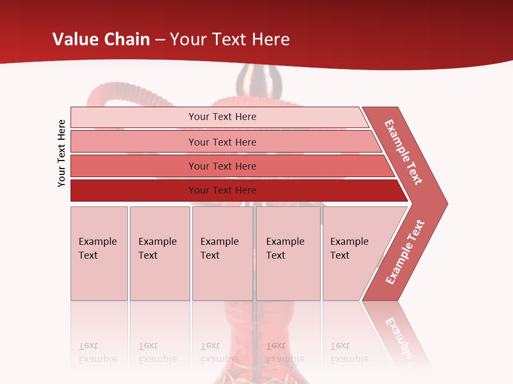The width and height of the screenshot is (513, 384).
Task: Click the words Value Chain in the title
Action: [x=101, y=39]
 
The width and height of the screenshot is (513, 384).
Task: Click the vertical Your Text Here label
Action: [x=61, y=153]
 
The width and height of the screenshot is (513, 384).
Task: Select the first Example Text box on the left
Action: [x=99, y=253]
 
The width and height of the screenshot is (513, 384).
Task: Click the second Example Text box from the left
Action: [x=159, y=253]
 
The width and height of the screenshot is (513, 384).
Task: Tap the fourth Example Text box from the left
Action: [x=288, y=253]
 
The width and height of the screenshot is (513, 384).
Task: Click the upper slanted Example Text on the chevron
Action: [x=403, y=152]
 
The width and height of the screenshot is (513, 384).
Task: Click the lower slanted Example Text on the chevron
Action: [x=405, y=252]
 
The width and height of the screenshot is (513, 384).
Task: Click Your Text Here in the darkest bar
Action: [x=222, y=190]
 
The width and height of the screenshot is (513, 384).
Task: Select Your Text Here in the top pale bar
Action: [x=222, y=117]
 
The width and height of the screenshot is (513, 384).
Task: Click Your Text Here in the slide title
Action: [x=230, y=39]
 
